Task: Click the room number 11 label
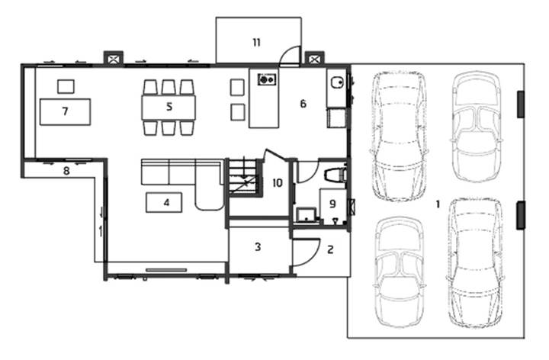257,43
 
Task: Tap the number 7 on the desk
65,111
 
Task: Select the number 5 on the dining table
169,107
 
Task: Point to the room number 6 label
303,104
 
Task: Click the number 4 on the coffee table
167,202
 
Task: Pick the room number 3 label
258,247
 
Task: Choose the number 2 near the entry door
330,249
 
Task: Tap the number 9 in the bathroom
332,204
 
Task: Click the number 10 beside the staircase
278,183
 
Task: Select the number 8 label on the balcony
66,171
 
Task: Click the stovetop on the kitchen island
267,79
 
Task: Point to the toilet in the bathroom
335,175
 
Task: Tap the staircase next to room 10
243,177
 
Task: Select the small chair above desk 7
66,86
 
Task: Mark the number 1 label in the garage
438,204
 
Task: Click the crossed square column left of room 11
113,59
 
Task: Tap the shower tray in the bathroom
307,214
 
